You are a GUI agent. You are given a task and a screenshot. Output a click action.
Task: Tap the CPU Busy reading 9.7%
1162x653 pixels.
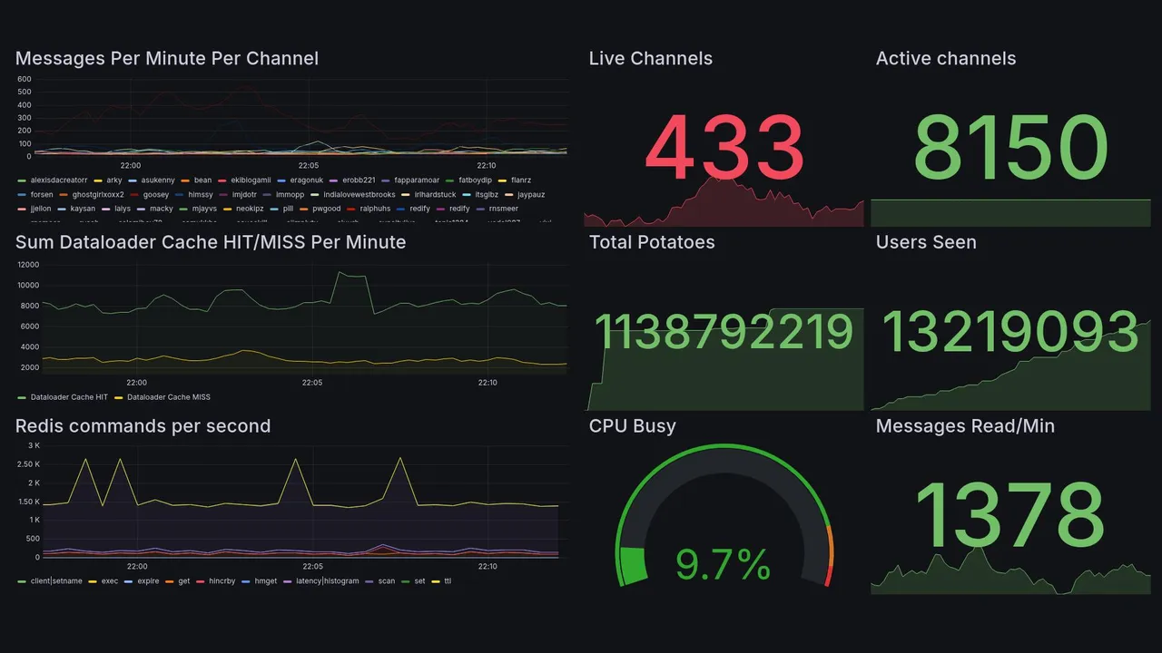tap(724, 565)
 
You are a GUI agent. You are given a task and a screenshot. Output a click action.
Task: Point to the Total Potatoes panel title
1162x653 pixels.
tap(652, 242)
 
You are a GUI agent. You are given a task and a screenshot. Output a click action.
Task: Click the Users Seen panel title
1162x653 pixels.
tap(926, 242)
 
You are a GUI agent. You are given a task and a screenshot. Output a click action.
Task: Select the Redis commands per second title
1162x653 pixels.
tap(143, 426)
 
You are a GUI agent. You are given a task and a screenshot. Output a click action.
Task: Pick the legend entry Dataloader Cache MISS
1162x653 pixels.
tap(169, 397)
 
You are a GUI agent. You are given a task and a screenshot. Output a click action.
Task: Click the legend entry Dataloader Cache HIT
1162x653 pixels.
tap(69, 397)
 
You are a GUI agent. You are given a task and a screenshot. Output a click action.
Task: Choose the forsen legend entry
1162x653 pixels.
tap(42, 195)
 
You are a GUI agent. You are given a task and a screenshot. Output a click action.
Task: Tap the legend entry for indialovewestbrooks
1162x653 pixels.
tap(359, 195)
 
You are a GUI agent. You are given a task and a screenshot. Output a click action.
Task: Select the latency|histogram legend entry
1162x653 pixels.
tap(328, 581)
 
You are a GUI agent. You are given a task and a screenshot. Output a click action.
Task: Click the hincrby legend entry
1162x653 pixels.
tap(222, 581)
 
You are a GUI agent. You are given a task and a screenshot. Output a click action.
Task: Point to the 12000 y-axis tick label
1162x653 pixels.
tap(27, 265)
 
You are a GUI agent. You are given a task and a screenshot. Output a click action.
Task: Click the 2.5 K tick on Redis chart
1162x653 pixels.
tap(29, 464)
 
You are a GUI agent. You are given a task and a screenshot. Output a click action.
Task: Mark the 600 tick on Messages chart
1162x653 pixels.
tap(25, 79)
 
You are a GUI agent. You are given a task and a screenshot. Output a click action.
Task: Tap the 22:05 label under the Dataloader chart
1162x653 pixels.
tap(311, 383)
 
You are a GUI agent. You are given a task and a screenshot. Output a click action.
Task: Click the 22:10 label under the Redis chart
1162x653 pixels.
tap(487, 567)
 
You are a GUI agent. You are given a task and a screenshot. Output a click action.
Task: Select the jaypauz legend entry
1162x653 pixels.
tap(531, 195)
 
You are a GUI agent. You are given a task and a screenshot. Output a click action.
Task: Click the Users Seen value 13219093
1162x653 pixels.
tap(1010, 331)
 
